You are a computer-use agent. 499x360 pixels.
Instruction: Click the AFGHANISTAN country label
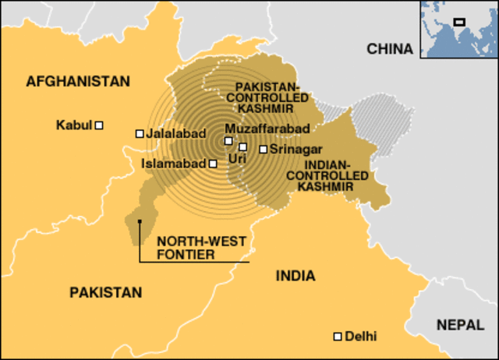coord(77,81)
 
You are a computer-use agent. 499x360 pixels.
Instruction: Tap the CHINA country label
coord(390,49)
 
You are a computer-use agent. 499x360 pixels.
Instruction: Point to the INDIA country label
coord(296,276)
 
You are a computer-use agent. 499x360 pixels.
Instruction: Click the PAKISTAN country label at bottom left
coord(106,292)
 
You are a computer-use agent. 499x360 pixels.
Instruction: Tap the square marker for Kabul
coord(99,125)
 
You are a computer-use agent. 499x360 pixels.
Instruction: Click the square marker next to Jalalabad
coord(140,133)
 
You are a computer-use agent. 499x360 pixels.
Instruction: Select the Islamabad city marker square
coord(213,164)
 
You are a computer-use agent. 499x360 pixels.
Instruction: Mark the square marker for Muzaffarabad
coord(228,141)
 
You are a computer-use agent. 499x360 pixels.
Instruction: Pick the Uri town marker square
coord(242,146)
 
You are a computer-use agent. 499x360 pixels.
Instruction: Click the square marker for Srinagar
coord(264,149)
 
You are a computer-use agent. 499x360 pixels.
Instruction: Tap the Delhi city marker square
coord(338,337)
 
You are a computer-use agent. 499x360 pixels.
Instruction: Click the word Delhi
coord(360,337)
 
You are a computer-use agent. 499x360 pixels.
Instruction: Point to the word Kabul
coord(74,125)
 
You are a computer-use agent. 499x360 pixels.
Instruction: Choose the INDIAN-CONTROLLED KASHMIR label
coord(338,177)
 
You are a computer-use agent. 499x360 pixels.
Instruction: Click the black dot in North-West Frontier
coord(140,221)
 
